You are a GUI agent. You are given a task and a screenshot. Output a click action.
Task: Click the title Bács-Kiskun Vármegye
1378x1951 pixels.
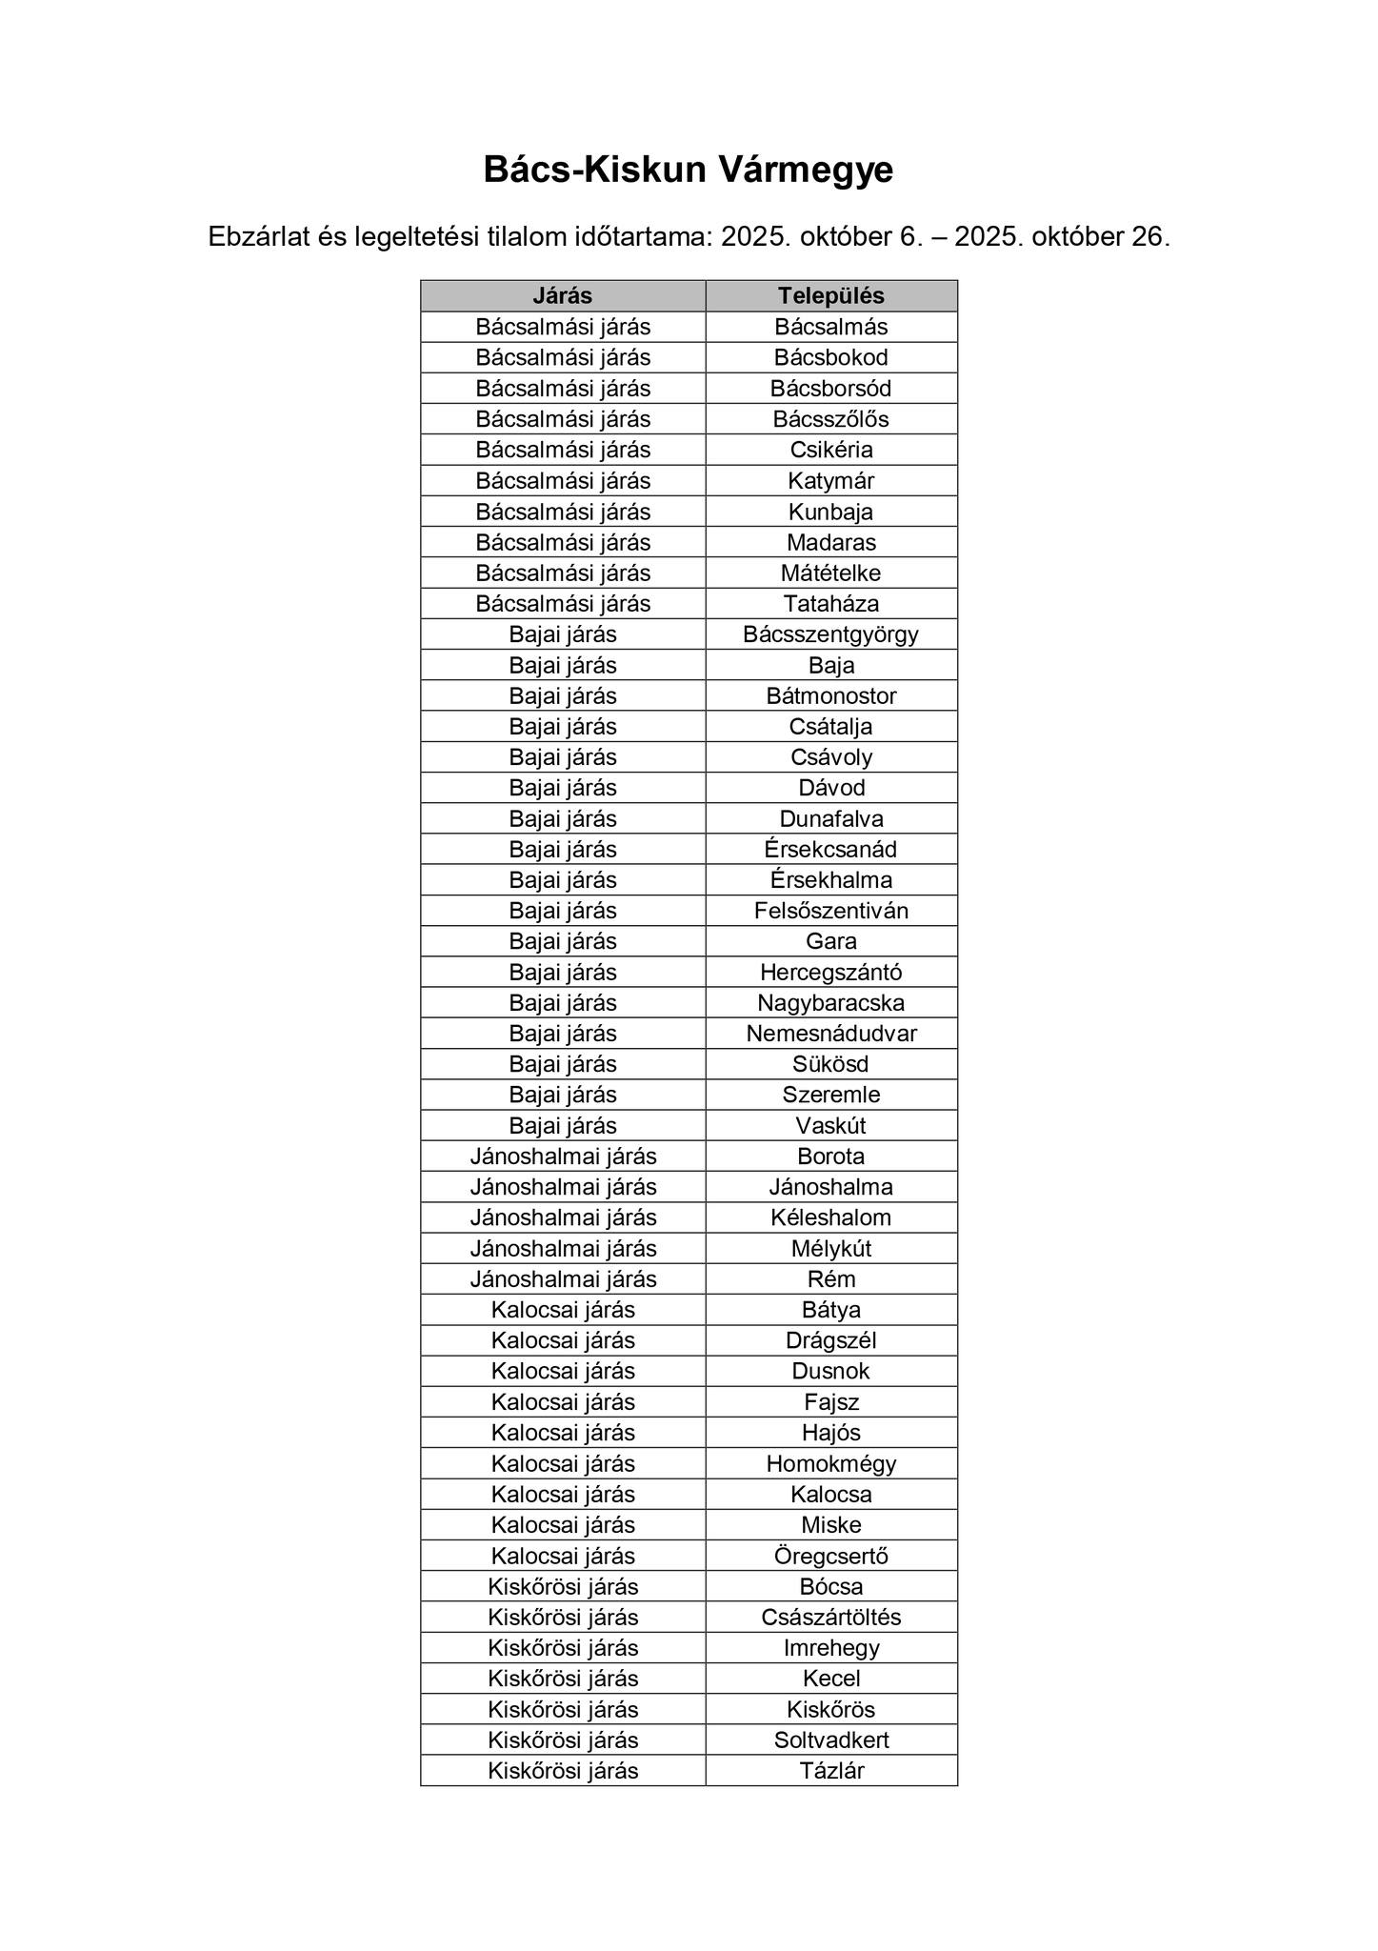coord(688,171)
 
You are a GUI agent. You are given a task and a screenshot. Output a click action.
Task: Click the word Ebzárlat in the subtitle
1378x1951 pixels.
coord(258,237)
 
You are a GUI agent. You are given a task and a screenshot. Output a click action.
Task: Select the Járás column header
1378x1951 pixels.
coord(562,295)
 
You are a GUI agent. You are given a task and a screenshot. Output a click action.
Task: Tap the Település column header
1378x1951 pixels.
coord(830,295)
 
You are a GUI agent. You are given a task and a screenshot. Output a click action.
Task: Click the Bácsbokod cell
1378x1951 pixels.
coord(830,357)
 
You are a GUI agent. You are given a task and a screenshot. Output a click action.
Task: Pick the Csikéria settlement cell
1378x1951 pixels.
coord(830,450)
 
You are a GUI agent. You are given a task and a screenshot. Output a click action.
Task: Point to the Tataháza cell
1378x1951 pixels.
coord(830,603)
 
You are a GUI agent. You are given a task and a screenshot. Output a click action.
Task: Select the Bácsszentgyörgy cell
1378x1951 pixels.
coord(830,634)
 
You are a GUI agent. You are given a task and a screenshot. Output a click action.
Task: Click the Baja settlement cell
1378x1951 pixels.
coord(830,665)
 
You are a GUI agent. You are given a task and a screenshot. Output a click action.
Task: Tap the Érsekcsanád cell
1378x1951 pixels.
coord(830,849)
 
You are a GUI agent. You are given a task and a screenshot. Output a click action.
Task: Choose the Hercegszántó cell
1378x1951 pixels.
coord(830,972)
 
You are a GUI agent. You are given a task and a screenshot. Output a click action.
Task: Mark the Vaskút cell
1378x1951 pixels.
coord(830,1125)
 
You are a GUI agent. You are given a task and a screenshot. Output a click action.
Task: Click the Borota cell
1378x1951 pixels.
coord(830,1156)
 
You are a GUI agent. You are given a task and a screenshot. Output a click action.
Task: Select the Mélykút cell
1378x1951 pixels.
coord(830,1248)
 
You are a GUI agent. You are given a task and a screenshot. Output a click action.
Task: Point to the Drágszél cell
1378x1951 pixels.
coord(830,1340)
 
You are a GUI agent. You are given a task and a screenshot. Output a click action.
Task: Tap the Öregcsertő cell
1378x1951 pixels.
coord(830,1556)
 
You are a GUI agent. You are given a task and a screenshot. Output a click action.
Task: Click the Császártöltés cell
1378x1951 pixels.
coord(830,1617)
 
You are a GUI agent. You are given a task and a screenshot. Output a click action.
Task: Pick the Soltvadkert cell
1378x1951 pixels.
coord(830,1740)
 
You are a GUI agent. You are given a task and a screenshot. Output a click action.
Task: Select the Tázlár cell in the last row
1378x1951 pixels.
coord(830,1771)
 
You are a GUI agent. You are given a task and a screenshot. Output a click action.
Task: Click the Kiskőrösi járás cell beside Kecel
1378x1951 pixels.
coord(562,1679)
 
